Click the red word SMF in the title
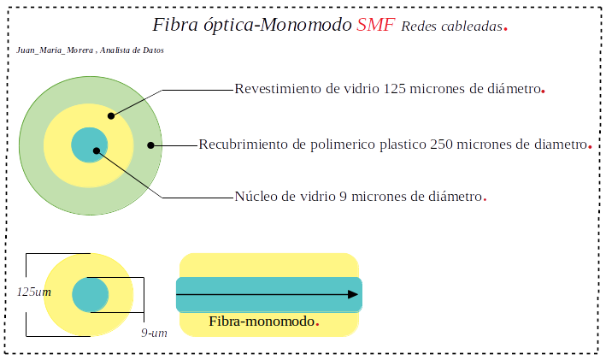point(376,25)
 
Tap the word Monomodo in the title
point(306,25)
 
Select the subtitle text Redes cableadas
point(452,27)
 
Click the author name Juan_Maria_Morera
point(55,50)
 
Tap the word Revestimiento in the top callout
point(279,89)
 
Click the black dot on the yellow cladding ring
point(111,115)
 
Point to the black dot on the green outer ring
point(150,145)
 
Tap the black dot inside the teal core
point(97,150)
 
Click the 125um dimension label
point(34,292)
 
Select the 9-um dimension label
point(154,333)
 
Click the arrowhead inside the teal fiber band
point(353,295)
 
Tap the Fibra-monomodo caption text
point(262,322)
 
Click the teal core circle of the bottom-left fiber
point(90,295)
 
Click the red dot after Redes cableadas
point(505,28)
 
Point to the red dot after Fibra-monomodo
point(317,323)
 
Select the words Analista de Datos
point(132,50)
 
